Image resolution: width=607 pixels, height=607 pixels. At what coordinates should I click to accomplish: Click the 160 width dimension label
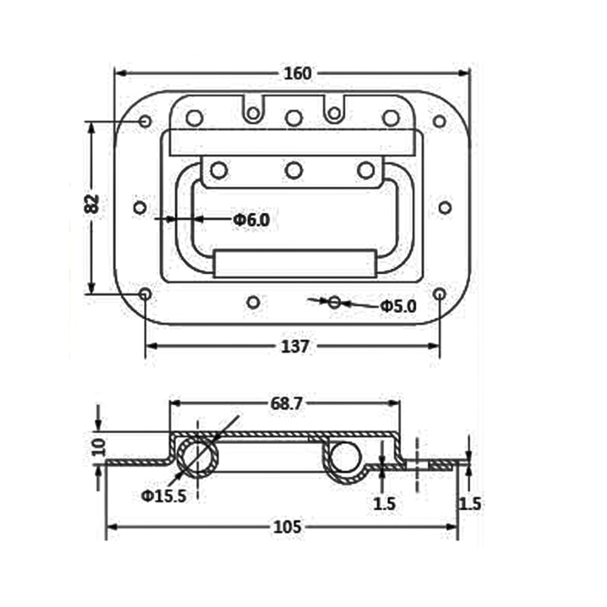[x=297, y=73]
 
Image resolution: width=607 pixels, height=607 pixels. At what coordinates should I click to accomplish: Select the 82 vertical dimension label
[x=92, y=204]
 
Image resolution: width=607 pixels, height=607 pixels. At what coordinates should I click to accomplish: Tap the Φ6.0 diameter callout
[x=251, y=220]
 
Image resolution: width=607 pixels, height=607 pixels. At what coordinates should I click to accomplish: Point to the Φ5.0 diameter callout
[x=398, y=307]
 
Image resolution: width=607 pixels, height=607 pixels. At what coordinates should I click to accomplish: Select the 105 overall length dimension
[x=287, y=527]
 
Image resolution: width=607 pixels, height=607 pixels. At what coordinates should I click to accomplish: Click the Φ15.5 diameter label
[x=163, y=496]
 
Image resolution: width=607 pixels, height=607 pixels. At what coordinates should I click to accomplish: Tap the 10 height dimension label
[x=100, y=447]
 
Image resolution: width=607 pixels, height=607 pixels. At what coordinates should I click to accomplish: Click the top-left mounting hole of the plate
[x=145, y=121]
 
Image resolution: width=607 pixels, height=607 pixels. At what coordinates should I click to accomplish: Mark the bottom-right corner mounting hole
[x=440, y=294]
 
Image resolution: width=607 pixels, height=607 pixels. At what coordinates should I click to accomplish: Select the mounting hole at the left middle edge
[x=140, y=208]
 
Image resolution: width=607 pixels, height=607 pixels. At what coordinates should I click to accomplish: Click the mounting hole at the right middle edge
[x=445, y=208]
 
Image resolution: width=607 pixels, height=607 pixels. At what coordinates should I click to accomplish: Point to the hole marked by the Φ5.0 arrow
[x=334, y=302]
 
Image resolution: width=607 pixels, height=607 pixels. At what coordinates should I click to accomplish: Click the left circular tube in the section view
[x=198, y=457]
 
